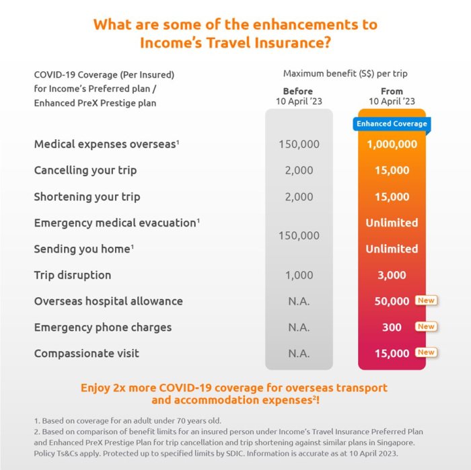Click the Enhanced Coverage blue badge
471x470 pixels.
tap(392, 124)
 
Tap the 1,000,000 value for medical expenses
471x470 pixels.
tap(392, 144)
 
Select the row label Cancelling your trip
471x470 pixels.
tap(85, 170)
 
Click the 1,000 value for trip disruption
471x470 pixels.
tap(299, 275)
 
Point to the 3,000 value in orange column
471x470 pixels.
tap(392, 275)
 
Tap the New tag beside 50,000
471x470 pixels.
tap(426, 301)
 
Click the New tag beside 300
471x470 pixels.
tap(426, 327)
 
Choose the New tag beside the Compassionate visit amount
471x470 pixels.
tap(426, 352)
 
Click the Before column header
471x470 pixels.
tap(298, 91)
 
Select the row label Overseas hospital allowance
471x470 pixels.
tap(108, 301)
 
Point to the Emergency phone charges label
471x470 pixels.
tap(103, 327)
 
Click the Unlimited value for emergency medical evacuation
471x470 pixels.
tap(392, 223)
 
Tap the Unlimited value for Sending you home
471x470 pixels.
tap(392, 249)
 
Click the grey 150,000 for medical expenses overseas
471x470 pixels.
tap(299, 144)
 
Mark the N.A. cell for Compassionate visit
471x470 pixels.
tap(299, 353)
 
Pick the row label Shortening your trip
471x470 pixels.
tap(87, 197)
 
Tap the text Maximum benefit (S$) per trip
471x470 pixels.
tap(345, 73)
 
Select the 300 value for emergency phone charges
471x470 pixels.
tap(392, 327)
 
